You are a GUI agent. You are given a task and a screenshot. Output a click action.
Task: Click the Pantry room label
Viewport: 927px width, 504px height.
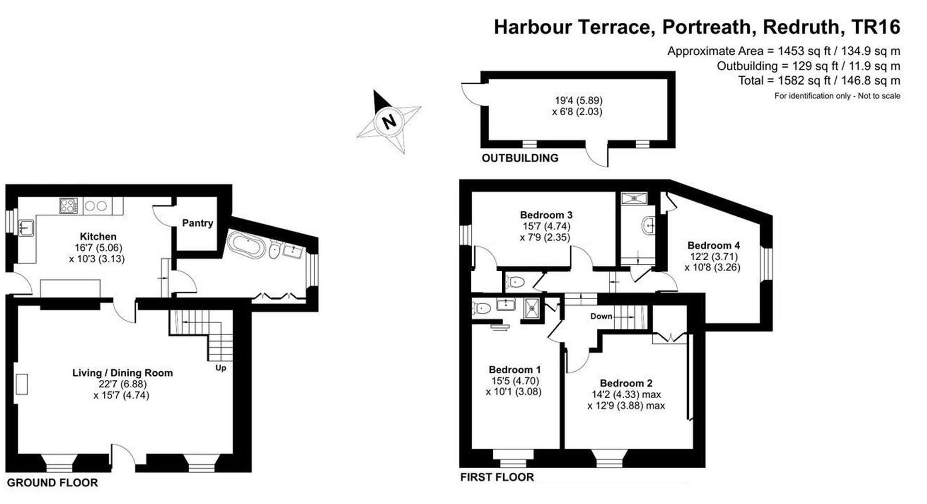pos(198,223)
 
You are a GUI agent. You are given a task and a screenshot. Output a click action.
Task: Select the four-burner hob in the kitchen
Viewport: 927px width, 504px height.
pos(69,205)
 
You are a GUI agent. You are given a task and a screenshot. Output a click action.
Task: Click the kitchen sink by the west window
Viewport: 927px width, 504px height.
pos(26,228)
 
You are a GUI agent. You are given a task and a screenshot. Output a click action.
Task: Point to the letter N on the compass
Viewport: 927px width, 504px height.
pos(389,121)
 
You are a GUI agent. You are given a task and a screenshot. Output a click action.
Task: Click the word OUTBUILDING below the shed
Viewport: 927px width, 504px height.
pos(520,158)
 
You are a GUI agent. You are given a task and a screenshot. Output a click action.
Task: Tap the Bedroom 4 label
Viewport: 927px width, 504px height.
pos(714,245)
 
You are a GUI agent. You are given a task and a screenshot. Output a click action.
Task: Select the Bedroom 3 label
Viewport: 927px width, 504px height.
pos(546,215)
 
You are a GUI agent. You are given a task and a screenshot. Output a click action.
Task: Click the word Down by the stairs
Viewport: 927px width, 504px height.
pos(601,316)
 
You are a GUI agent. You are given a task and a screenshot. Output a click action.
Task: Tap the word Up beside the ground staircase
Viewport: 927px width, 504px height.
pos(221,368)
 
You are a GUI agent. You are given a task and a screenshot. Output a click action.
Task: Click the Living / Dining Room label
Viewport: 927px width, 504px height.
pos(123,373)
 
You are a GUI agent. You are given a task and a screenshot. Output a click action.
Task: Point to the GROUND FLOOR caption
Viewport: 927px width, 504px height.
pos(52,483)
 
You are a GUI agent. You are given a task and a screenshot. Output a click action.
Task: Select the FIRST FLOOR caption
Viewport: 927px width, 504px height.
pos(497,477)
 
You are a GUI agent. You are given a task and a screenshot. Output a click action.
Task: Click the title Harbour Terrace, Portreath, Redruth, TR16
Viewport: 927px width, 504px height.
pos(697,27)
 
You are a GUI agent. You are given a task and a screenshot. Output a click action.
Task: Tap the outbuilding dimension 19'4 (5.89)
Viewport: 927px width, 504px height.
pos(579,100)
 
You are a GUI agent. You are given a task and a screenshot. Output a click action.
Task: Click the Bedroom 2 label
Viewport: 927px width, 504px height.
pos(626,383)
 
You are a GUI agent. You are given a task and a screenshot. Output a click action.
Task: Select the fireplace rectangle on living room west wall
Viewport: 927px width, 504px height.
pos(22,384)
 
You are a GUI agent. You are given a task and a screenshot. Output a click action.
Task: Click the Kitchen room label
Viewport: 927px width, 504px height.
pos(98,237)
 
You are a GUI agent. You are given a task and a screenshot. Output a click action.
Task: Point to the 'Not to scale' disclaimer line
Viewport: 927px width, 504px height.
pos(837,96)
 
